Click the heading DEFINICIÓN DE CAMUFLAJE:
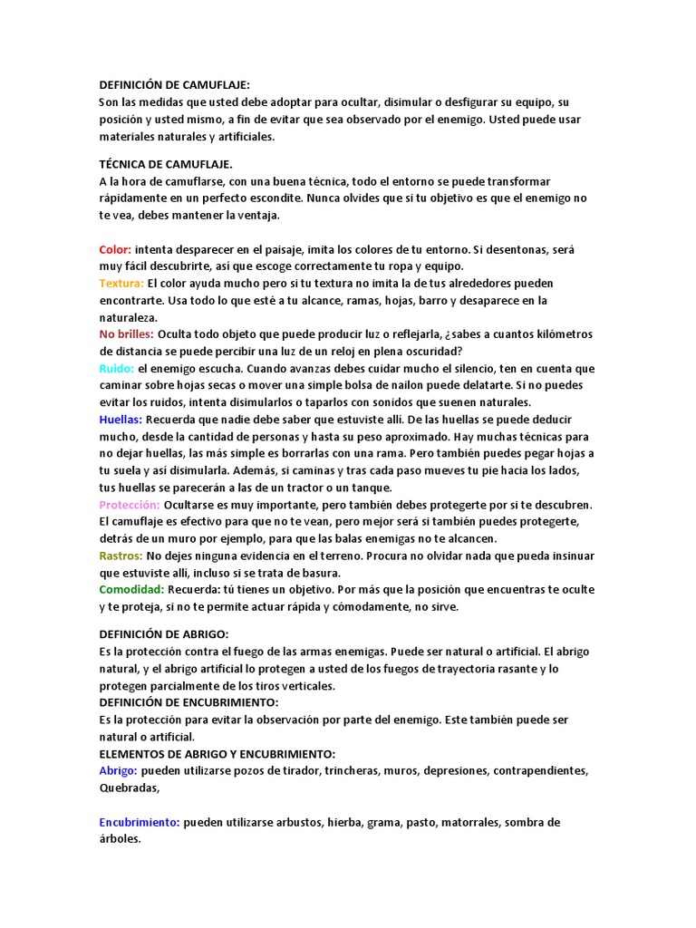click(174, 84)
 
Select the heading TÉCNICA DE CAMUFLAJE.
click(166, 164)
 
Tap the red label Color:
click(116, 249)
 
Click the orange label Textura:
click(121, 284)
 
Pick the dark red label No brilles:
click(126, 334)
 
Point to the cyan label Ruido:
click(117, 369)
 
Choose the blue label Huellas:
click(121, 420)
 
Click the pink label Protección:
click(130, 504)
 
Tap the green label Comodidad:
click(131, 589)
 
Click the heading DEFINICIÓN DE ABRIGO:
click(163, 633)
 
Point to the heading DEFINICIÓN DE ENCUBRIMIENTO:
click(188, 702)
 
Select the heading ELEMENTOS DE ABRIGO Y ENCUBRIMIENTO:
click(217, 754)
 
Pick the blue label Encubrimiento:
click(140, 823)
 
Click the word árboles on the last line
click(120, 839)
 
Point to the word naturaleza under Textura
click(128, 318)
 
